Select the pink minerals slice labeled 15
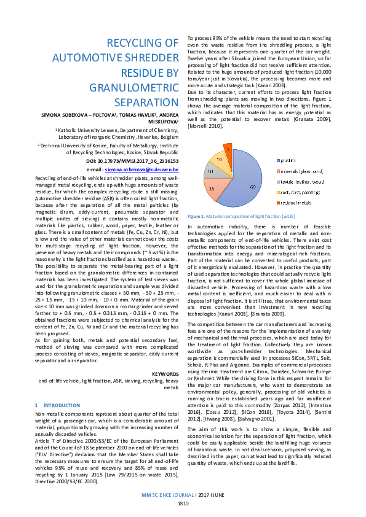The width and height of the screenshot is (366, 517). (213, 189)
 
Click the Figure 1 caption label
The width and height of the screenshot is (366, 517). (197, 216)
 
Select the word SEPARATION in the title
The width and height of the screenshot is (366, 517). (142, 102)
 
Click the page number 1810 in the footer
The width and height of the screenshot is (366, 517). (183, 503)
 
